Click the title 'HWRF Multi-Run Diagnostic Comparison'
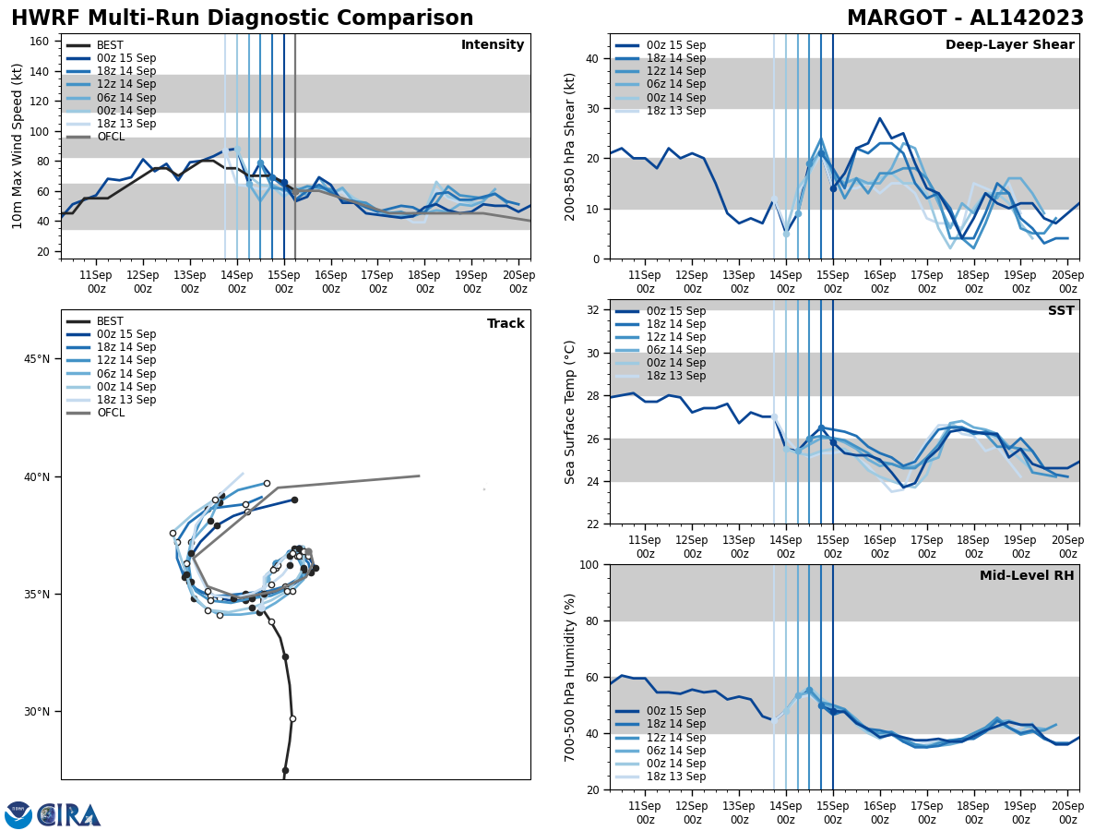(x=242, y=18)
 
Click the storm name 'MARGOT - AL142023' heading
(x=965, y=18)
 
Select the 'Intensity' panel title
(x=493, y=45)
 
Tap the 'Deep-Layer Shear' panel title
(x=1009, y=45)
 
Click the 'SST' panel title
(x=1061, y=311)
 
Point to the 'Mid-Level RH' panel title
(x=1027, y=576)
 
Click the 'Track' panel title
(x=506, y=324)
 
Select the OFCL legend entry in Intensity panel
(x=111, y=137)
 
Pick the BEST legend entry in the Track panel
(x=111, y=321)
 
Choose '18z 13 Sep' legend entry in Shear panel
(x=676, y=111)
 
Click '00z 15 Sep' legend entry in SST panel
(x=676, y=311)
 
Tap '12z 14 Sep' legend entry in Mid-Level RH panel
(x=676, y=737)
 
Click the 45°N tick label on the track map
(x=37, y=359)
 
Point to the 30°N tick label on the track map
(x=37, y=712)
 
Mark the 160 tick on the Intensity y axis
(x=41, y=42)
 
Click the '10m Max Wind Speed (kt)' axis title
(x=18, y=146)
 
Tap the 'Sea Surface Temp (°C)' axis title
(x=570, y=412)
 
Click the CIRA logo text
(x=69, y=815)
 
